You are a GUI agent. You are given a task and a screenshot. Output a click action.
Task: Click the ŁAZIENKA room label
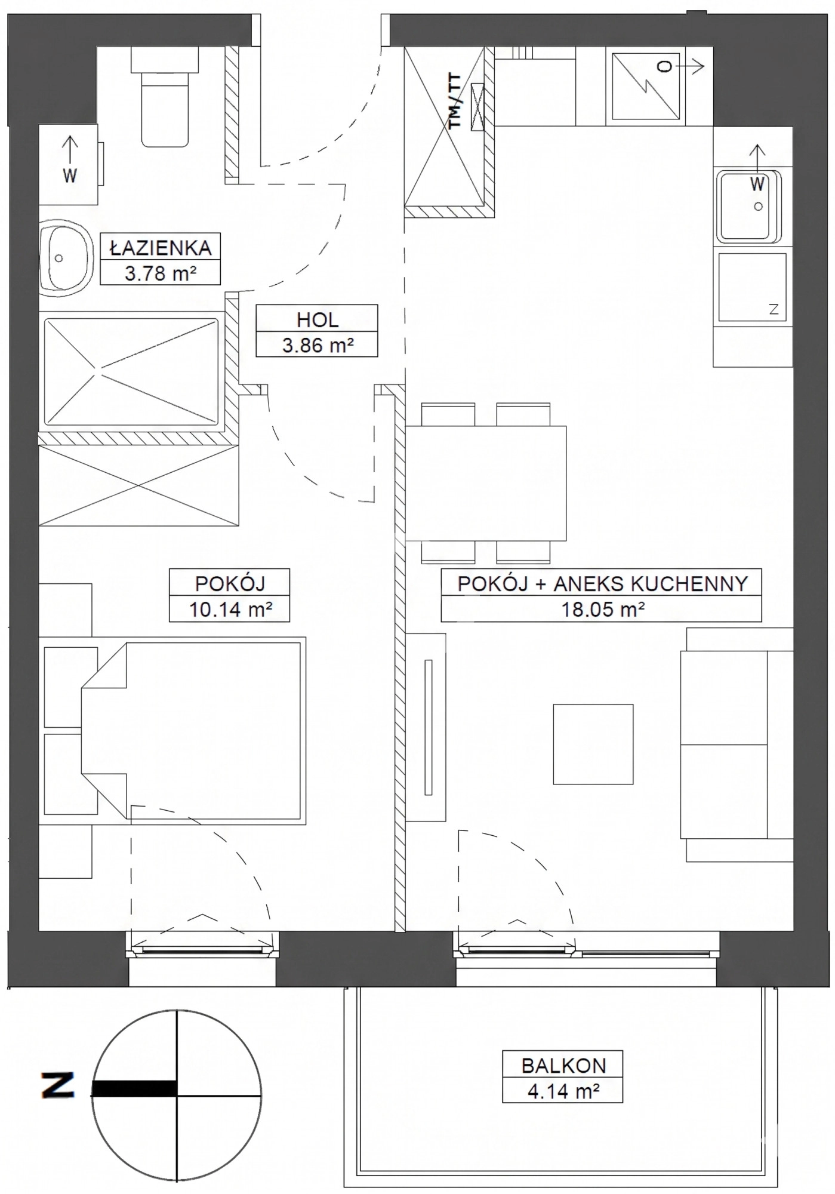pyautogui.click(x=160, y=247)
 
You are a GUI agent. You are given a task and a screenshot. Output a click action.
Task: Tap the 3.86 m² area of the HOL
pyautogui.click(x=317, y=345)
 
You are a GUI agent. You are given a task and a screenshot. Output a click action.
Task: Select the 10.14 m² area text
pyautogui.click(x=230, y=610)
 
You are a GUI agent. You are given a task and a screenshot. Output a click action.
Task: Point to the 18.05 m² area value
pyautogui.click(x=602, y=610)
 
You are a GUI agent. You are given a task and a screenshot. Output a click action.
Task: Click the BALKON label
pyautogui.click(x=563, y=1065)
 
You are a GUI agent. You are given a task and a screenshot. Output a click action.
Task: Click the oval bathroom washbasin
pyautogui.click(x=66, y=258)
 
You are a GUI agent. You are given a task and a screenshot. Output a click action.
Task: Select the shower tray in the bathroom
pyautogui.click(x=131, y=372)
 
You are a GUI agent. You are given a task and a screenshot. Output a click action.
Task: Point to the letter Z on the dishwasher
pyautogui.click(x=774, y=309)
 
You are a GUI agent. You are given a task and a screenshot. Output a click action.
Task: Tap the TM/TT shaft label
pyautogui.click(x=455, y=101)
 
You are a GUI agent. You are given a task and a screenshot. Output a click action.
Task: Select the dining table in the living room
pyautogui.click(x=486, y=483)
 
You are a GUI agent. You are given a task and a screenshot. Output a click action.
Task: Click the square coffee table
pyautogui.click(x=593, y=744)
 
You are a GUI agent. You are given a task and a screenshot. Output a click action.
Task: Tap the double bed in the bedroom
pyautogui.click(x=192, y=731)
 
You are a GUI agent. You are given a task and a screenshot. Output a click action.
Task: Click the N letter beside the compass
pyautogui.click(x=58, y=1085)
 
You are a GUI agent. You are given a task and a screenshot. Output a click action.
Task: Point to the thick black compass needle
pyautogui.click(x=134, y=1089)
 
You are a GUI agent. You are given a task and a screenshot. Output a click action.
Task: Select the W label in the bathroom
pyautogui.click(x=70, y=176)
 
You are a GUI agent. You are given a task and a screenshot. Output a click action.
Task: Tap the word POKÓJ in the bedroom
pyautogui.click(x=230, y=583)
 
